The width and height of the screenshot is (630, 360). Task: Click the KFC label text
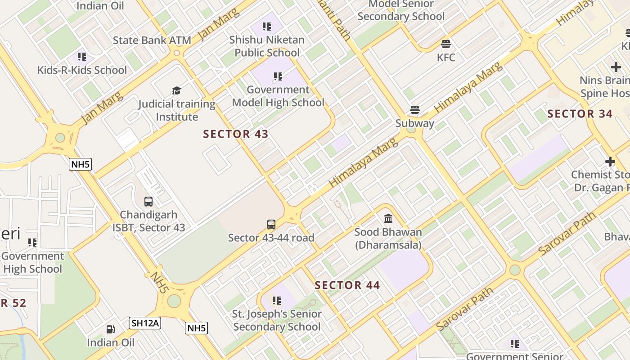pos(446,58)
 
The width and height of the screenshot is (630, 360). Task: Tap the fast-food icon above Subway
pos(414,110)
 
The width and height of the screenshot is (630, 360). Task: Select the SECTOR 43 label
pos(236,134)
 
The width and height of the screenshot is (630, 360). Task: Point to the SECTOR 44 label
pos(347,285)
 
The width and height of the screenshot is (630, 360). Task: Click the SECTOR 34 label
pos(580,114)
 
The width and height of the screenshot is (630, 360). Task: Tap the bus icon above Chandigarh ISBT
pos(148,201)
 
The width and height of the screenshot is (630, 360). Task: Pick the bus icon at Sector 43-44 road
pos(271,224)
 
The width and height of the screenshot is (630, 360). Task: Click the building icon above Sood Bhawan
pos(388,219)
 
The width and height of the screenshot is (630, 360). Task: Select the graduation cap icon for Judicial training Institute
pos(176,90)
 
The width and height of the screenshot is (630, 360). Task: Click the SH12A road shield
pos(145,323)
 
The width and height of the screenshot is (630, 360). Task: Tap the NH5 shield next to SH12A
pos(197,328)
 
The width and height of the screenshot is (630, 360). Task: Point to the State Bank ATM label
pos(152,40)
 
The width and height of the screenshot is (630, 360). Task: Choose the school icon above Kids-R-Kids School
pos(81,57)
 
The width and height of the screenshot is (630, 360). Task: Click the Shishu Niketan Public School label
pos(267,46)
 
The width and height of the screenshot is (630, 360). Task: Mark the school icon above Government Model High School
pos(278,76)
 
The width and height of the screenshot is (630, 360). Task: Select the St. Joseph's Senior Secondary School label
pos(277,320)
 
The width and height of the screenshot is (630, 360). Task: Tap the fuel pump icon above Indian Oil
pos(110,329)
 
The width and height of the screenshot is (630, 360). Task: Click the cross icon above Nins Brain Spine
pos(616,67)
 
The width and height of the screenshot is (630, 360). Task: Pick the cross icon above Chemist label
pos(610,161)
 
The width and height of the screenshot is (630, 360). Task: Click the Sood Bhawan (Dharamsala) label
pos(388,238)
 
